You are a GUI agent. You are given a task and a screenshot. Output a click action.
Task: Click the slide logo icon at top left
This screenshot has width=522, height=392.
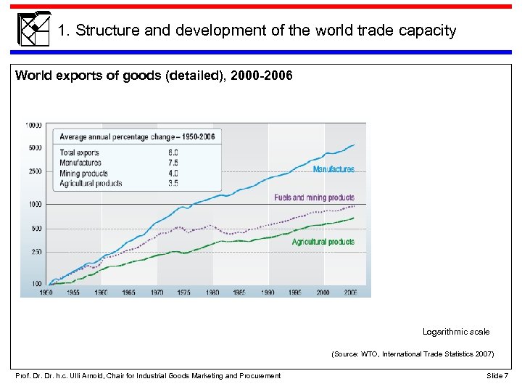click(33, 29)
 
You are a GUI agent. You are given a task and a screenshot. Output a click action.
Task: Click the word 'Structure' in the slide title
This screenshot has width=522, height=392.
click(103, 30)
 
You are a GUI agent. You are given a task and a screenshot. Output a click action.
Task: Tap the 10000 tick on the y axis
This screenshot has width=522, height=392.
click(33, 125)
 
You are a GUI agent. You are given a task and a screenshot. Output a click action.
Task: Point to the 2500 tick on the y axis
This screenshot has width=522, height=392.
click(35, 172)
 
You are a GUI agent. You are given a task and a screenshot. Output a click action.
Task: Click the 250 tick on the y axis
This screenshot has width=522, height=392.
click(36, 252)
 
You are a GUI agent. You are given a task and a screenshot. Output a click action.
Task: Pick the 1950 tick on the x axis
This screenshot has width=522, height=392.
click(46, 292)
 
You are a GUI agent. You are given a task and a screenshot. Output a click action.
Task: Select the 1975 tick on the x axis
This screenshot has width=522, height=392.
click(184, 292)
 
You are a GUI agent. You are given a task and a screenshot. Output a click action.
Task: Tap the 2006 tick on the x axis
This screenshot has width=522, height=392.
click(350, 292)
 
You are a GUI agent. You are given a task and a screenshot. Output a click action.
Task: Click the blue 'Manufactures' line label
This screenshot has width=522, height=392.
click(333, 169)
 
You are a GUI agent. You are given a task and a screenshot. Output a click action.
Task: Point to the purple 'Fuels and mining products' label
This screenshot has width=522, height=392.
click(314, 197)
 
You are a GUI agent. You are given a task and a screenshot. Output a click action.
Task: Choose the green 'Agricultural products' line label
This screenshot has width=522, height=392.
click(323, 242)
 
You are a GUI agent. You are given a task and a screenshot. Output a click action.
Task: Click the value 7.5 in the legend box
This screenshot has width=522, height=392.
click(173, 163)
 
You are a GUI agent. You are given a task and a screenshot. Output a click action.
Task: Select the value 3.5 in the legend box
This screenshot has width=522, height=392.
click(173, 184)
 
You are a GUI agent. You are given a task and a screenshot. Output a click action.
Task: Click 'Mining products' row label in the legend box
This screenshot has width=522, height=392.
click(84, 173)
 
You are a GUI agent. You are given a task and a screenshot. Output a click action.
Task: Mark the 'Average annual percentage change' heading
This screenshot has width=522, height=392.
click(137, 137)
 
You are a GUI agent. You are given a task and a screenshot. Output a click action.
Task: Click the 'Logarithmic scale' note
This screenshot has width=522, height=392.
click(456, 332)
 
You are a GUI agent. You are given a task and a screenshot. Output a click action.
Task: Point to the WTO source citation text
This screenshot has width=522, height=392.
click(413, 354)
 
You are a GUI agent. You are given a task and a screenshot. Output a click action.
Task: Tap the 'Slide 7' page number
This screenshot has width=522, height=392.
click(497, 375)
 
